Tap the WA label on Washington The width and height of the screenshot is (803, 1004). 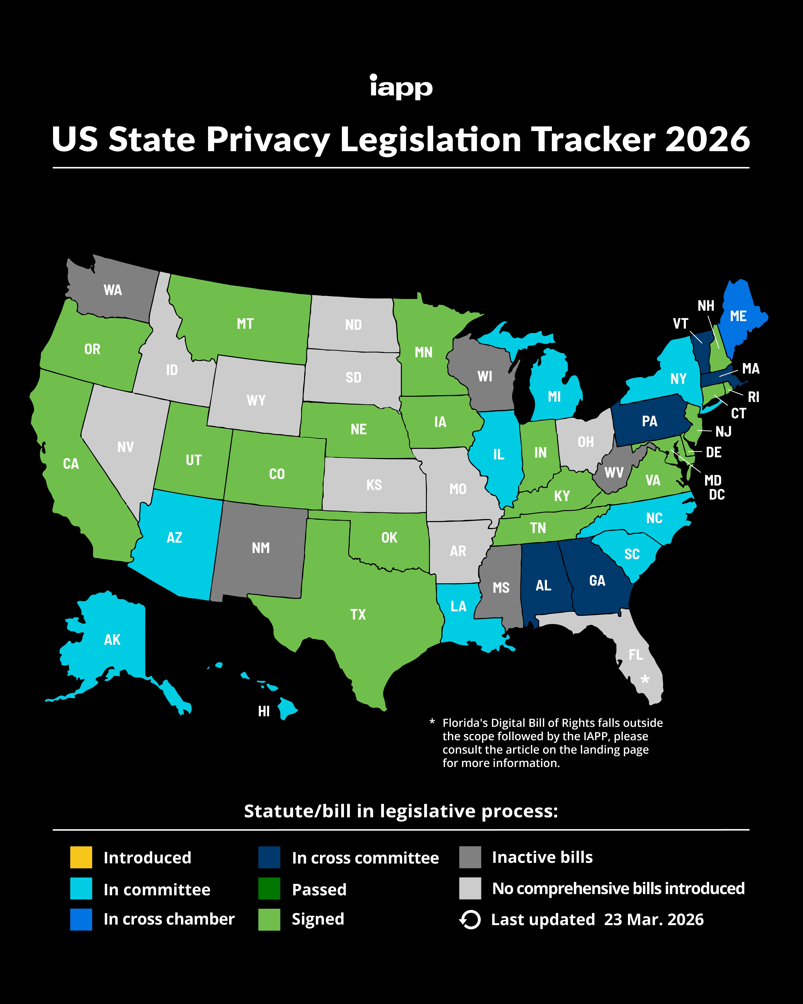point(113,290)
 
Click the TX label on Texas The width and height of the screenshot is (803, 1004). point(358,614)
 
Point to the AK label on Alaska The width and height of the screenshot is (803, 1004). point(112,639)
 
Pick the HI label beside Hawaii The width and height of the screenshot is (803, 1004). point(264,711)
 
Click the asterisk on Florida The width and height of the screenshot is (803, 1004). point(645,680)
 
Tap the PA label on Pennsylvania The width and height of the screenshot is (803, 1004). point(649,421)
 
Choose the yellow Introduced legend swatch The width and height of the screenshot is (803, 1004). point(81,857)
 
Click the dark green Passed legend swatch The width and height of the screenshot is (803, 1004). point(269,889)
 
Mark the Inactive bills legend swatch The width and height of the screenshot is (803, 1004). point(470,857)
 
